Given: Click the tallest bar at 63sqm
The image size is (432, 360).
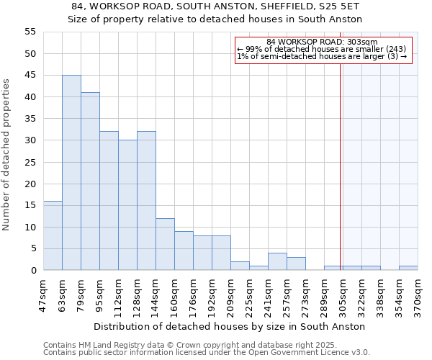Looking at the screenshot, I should pos(71,173).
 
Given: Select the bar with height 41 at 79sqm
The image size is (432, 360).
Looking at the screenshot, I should pos(90,181).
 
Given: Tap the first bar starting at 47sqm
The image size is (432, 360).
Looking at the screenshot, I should pos(53,235).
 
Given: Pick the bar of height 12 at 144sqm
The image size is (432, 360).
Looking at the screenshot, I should pos(165,244).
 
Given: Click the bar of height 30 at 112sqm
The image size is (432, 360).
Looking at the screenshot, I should pos(127,205).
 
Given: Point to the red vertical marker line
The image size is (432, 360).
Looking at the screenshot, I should pos(340,151).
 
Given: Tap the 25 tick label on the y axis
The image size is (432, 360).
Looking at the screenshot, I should pos(30,162).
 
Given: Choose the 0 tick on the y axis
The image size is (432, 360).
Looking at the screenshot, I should pos(33,271).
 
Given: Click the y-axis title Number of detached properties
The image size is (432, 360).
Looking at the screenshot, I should pos(7,155).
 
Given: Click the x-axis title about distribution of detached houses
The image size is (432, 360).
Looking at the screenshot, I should pos(229,326).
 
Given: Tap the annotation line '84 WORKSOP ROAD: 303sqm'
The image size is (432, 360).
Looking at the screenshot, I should pos(322,42).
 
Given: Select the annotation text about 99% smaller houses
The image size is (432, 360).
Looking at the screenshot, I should pos(322,49).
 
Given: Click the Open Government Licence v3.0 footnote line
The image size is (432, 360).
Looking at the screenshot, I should pos(207,352).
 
